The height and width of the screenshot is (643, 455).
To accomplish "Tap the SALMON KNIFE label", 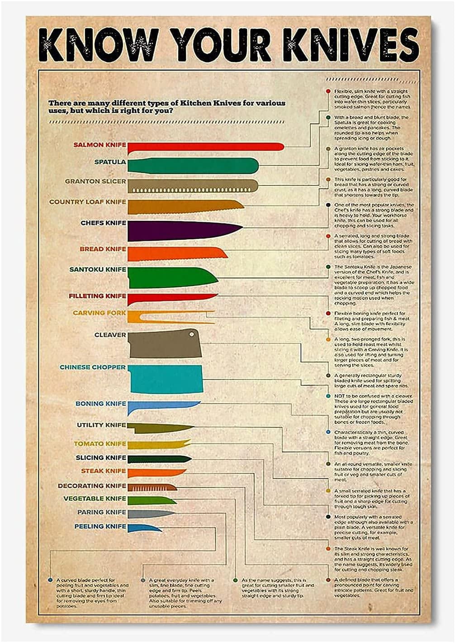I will click(100, 145).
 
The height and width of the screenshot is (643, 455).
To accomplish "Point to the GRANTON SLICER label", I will click(95, 181).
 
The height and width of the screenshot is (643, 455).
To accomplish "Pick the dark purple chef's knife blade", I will click(181, 231).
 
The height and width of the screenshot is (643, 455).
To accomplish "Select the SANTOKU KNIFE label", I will click(97, 270).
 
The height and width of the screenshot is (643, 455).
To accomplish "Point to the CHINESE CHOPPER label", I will click(93, 367).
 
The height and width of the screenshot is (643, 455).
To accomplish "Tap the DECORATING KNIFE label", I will click(92, 486).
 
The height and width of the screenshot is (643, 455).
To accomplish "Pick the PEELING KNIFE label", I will click(100, 527).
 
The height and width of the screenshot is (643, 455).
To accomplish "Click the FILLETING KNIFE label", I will click(97, 296).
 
